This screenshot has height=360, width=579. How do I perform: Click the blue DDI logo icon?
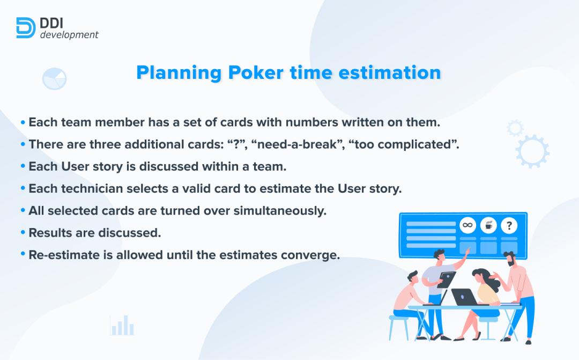(26, 28)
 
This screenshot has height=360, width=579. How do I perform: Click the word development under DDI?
(69, 35)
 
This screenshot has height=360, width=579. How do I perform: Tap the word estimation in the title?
(390, 72)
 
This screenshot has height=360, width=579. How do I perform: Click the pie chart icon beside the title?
(54, 79)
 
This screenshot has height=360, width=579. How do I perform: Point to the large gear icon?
(532, 151)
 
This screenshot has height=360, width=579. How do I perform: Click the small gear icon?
(515, 128)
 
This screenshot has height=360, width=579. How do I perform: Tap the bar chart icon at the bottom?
(122, 326)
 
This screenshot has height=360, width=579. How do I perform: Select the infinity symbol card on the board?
(467, 225)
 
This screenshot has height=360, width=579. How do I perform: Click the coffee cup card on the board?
(488, 225)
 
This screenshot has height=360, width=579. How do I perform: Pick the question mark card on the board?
(509, 225)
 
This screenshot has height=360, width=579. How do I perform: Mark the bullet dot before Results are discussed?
(23, 232)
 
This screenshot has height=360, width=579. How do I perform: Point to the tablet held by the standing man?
(447, 279)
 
